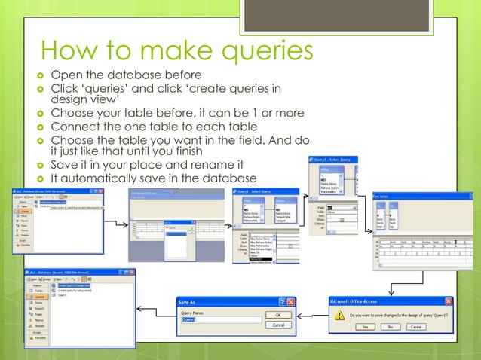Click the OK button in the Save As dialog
(x=278, y=315)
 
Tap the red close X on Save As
(x=290, y=301)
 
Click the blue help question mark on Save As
(x=280, y=301)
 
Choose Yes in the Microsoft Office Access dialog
(x=365, y=327)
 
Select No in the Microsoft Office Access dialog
(x=391, y=327)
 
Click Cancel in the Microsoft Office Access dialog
(x=416, y=327)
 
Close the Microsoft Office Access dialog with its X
(x=448, y=301)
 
